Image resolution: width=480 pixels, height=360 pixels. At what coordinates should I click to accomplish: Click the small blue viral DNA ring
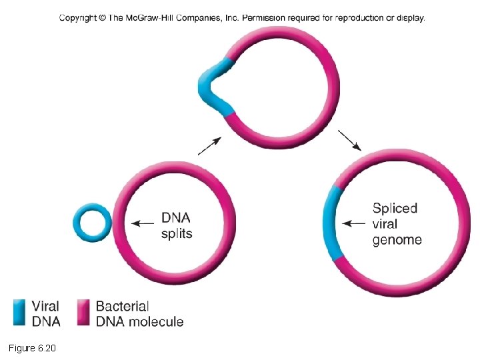[92, 208]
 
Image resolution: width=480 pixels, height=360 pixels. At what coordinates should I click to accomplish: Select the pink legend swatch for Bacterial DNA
[84, 313]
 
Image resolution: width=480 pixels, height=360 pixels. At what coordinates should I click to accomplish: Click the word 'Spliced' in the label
[395, 209]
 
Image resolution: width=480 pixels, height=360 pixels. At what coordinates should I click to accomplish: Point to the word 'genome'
[397, 240]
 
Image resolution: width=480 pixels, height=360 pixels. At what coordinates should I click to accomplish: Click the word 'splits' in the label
[177, 234]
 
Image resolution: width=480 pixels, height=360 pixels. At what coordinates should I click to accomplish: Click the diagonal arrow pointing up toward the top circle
[209, 145]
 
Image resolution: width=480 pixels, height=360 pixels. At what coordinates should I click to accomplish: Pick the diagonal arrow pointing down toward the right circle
[350, 140]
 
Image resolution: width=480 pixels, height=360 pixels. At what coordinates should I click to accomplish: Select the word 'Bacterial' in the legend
[122, 307]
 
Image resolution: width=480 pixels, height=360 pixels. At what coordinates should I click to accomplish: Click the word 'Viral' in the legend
[46, 307]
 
